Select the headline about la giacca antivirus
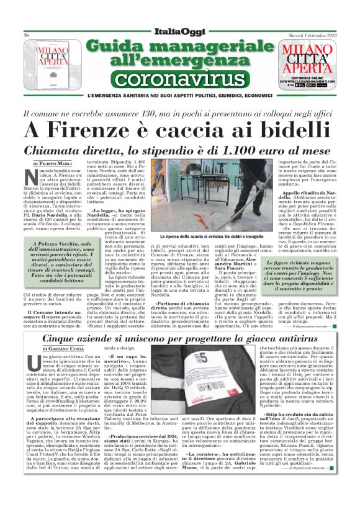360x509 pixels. (180, 339)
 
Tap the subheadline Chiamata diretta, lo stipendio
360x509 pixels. (179, 150)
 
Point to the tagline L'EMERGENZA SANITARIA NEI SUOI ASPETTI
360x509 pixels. (179, 96)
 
